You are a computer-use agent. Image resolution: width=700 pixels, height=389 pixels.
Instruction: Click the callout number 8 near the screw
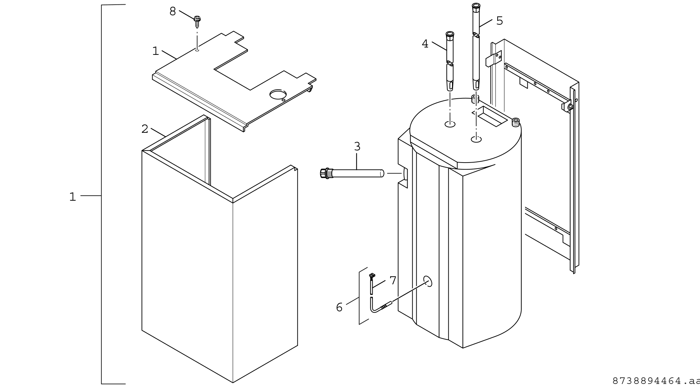[172, 11]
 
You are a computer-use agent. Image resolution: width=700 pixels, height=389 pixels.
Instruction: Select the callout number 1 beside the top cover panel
[155, 51]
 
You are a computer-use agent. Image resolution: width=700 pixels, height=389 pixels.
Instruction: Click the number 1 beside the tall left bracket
[72, 197]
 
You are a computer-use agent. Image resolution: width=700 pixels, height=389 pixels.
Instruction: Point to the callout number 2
[145, 129]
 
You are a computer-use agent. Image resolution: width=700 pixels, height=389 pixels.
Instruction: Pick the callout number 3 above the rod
[357, 147]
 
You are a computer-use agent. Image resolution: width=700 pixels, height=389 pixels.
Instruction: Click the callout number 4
[425, 44]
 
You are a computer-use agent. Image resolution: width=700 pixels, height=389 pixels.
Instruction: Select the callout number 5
[499, 21]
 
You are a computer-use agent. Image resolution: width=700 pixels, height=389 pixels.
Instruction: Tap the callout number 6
[339, 307]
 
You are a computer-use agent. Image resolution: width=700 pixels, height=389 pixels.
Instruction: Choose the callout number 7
[393, 281]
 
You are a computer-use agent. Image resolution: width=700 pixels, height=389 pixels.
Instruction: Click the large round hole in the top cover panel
[278, 95]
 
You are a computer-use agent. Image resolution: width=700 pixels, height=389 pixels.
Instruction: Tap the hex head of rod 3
[324, 173]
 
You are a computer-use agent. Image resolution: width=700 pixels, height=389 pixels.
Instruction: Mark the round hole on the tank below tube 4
[450, 124]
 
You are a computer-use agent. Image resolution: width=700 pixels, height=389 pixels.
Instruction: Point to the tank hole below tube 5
[476, 139]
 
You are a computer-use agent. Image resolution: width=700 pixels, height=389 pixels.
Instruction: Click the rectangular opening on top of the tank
[492, 116]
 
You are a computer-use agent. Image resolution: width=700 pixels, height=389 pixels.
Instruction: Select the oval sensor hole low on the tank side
[428, 281]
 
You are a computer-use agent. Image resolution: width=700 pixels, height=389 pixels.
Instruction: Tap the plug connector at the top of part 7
[371, 276]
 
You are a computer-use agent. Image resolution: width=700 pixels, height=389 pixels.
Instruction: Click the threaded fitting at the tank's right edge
[516, 122]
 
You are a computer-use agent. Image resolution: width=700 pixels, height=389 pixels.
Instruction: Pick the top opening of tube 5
[476, 5]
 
